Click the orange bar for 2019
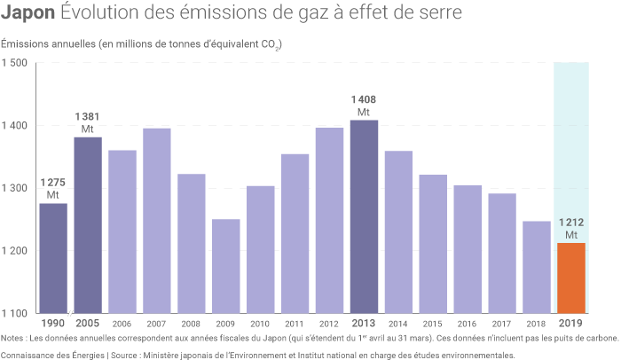571,278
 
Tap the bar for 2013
364,216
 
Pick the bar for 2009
226,266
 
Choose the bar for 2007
157,221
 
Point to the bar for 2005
88,225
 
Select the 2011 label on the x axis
295,325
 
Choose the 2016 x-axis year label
468,325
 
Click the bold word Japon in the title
28,15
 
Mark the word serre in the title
438,16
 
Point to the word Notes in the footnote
13,338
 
